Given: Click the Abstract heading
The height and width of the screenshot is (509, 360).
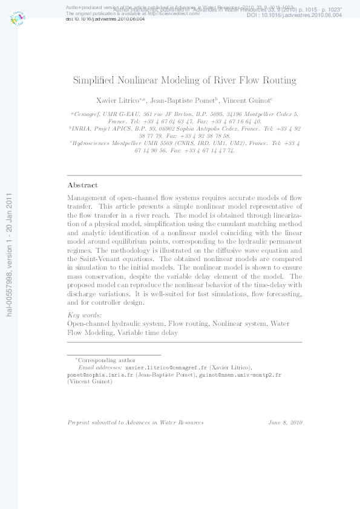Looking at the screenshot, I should [82, 185].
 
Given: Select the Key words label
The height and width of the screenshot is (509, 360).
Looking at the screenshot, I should [84, 315].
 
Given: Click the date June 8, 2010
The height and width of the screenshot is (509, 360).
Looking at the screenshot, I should [285, 423].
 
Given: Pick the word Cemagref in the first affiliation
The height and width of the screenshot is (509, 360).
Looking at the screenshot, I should [87, 114].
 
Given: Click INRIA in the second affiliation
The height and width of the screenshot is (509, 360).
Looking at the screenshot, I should [83, 129].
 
